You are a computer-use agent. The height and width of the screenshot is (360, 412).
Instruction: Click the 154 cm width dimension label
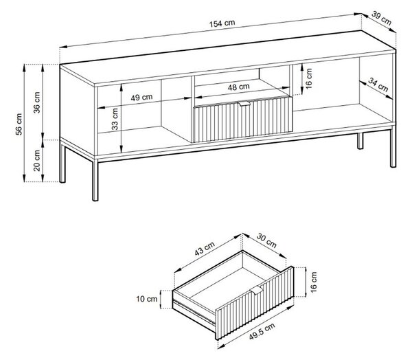(x=222, y=23)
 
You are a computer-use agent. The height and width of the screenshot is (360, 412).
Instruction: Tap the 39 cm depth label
(x=382, y=18)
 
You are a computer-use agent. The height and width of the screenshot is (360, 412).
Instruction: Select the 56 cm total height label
(x=19, y=124)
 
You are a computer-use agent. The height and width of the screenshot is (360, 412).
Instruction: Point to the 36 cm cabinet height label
(x=37, y=102)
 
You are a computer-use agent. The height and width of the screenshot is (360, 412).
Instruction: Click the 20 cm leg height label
(x=37, y=160)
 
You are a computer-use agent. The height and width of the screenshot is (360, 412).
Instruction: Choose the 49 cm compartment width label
(x=141, y=98)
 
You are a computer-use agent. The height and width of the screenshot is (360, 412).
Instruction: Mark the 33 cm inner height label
(x=115, y=119)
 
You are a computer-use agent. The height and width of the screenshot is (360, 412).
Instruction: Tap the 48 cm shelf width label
(x=238, y=87)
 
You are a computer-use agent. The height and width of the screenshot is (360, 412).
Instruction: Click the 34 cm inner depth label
(x=378, y=85)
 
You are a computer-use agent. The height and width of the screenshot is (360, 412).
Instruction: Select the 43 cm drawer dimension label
(x=205, y=249)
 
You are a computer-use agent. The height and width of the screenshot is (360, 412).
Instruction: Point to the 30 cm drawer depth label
(x=266, y=240)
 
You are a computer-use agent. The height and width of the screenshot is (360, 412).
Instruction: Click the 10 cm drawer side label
(x=147, y=299)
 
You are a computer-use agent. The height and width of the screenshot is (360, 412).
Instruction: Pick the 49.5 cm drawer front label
(x=262, y=331)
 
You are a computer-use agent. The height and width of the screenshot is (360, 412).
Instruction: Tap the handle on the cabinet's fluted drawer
(x=244, y=104)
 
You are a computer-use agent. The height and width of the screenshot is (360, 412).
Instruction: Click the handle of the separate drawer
(x=255, y=291)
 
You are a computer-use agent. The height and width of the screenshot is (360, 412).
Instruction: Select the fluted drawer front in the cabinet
(x=243, y=120)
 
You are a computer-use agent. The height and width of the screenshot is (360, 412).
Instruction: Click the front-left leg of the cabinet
(x=95, y=179)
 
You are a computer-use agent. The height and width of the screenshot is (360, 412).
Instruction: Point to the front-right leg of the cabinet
(x=393, y=146)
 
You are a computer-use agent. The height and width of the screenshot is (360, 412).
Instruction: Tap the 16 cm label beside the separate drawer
(x=314, y=282)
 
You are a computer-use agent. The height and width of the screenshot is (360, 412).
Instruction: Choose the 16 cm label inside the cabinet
(x=309, y=78)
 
